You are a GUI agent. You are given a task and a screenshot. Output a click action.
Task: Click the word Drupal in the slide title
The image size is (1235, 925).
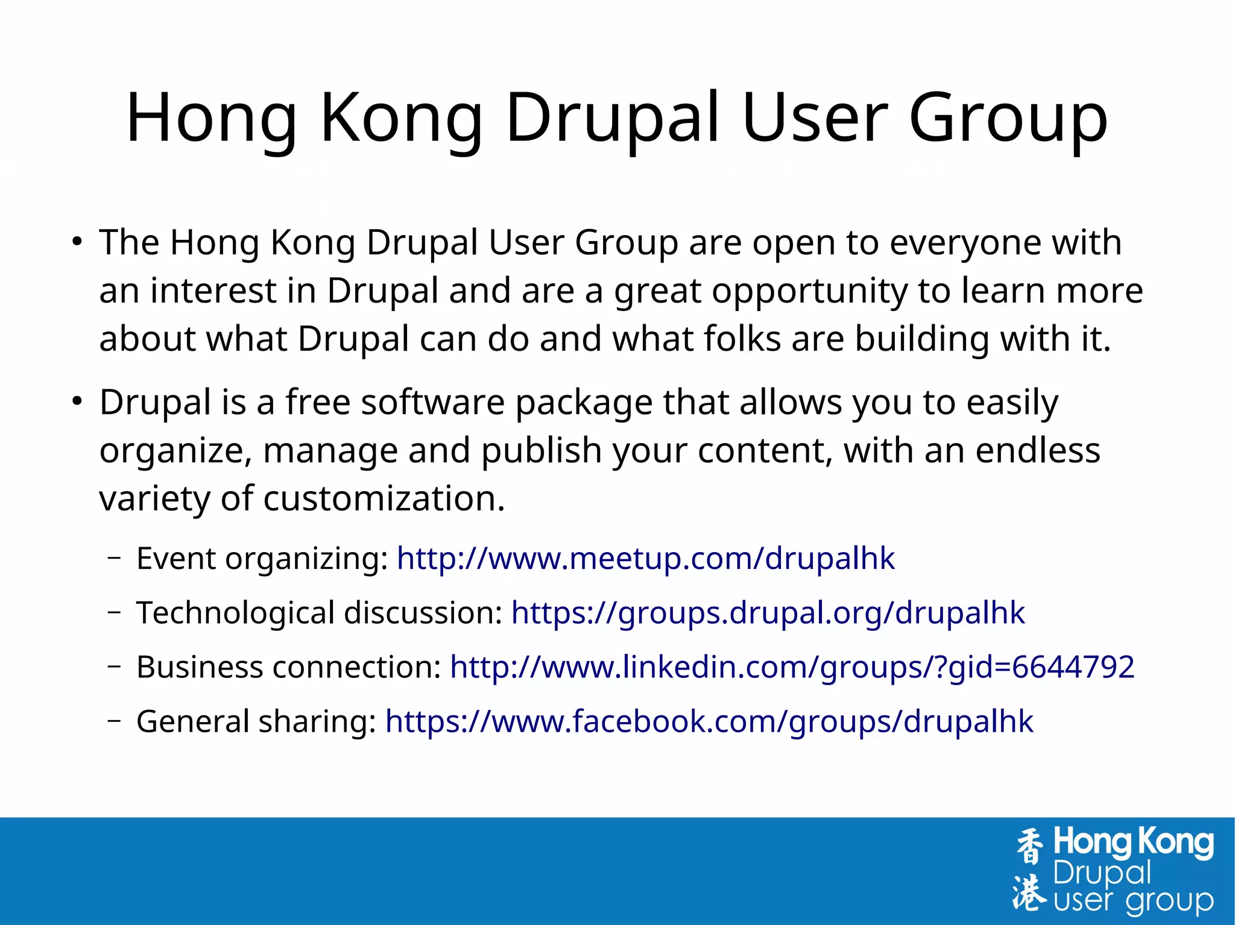(613, 118)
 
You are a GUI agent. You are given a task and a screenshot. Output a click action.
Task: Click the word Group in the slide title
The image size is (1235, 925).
(1008, 118)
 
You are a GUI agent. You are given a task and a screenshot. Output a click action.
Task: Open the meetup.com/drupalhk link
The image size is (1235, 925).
(645, 559)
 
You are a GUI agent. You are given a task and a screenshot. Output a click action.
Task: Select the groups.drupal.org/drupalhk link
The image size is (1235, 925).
(767, 613)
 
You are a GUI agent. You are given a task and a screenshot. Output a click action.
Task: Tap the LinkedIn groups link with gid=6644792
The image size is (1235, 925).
(792, 667)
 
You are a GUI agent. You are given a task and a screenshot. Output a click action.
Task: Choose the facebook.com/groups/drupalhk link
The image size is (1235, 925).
(709, 721)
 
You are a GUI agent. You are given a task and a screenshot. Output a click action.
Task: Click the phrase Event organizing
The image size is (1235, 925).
(262, 559)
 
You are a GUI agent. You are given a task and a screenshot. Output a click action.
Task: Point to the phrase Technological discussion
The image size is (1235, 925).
(319, 613)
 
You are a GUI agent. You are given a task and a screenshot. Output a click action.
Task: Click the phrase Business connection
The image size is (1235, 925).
(289, 667)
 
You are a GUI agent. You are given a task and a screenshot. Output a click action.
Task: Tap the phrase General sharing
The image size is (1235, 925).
(256, 721)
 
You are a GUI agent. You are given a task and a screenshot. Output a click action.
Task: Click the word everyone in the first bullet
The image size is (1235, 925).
(965, 243)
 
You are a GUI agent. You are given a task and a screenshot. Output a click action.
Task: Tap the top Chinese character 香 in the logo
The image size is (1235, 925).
(1029, 845)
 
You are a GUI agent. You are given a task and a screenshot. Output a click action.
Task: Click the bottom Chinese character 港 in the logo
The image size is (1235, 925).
(1029, 891)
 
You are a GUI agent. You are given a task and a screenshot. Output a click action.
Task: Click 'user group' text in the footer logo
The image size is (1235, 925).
(1133, 901)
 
